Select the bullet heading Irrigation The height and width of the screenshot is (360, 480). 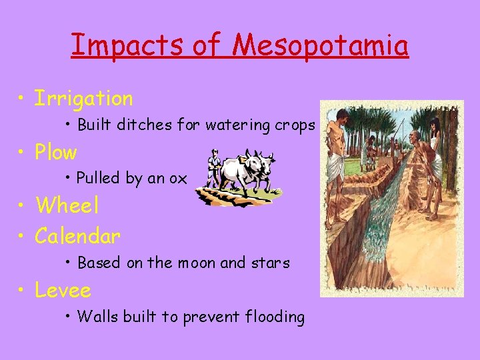84,99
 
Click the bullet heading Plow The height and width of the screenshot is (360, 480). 56,153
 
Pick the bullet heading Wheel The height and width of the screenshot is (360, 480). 67,205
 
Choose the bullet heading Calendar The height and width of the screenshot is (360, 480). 78,236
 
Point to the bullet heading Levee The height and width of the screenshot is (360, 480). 63,290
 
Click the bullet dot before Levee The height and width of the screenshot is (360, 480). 23,291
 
